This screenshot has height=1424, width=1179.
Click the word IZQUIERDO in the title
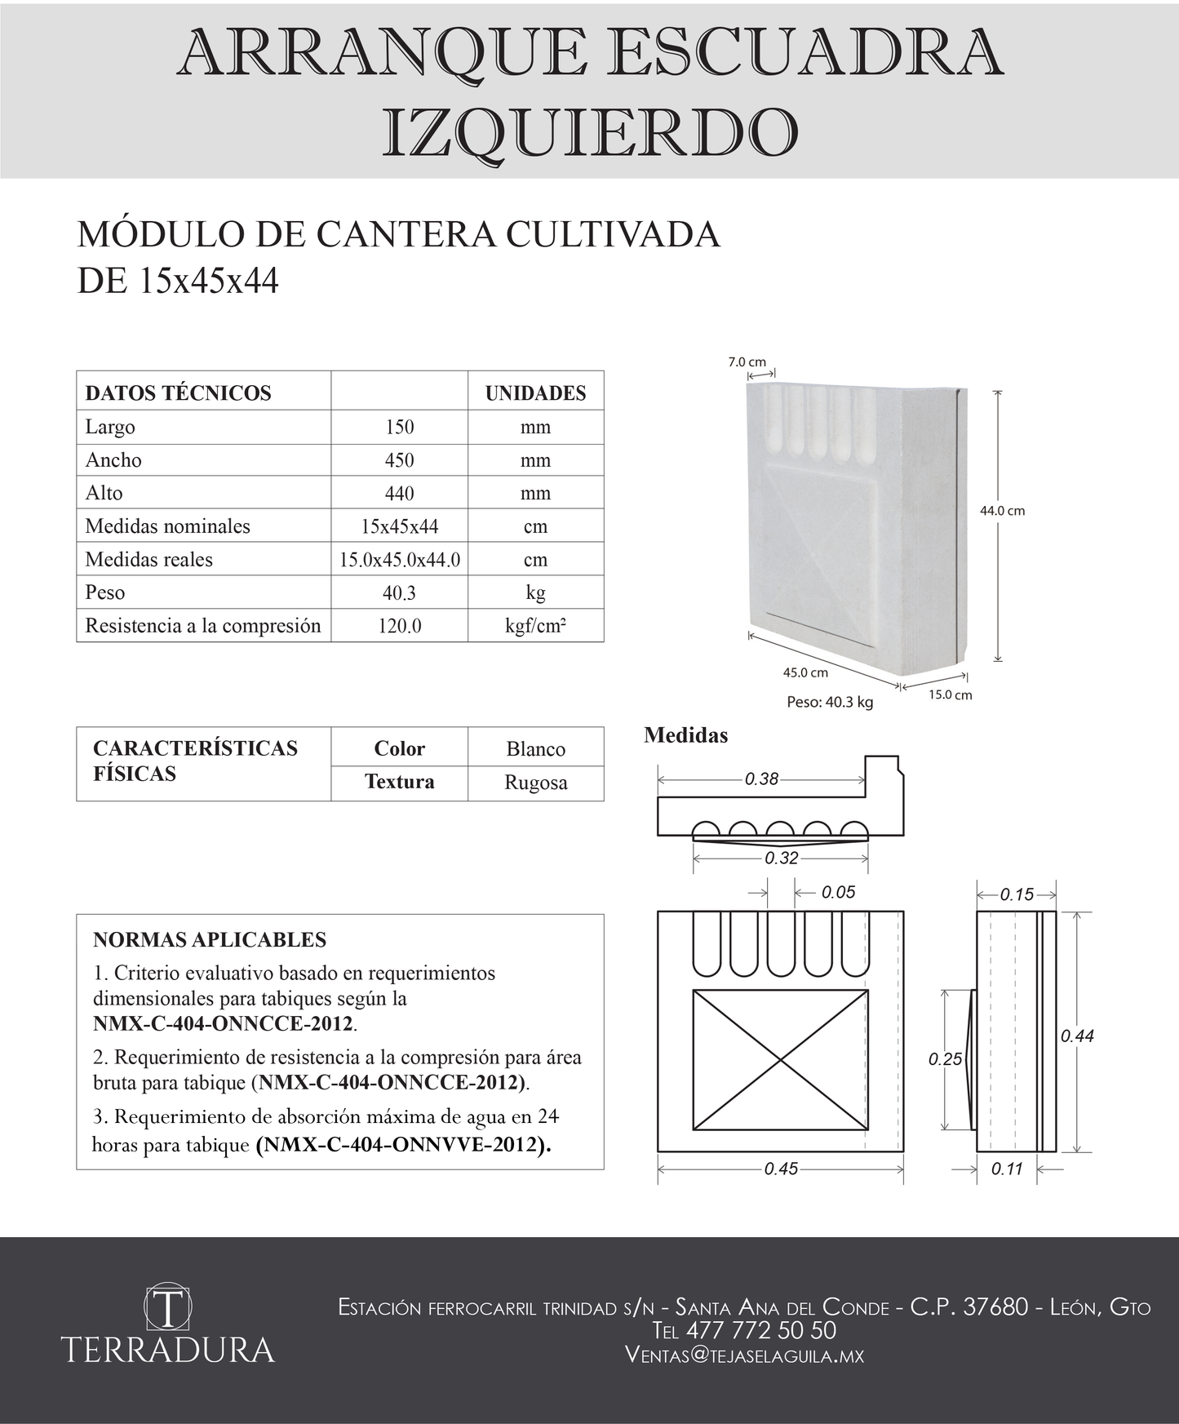coord(590,133)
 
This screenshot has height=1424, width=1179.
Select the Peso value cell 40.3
coord(399,593)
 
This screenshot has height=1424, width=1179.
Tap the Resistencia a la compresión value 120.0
coord(399,627)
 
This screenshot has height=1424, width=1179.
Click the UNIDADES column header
coord(535,393)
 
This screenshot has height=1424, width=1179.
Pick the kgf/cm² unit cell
coord(535,627)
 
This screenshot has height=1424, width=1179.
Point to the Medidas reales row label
coord(148,560)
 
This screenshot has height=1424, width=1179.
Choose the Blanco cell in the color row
coord(535,749)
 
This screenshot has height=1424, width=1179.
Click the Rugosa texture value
coord(535,783)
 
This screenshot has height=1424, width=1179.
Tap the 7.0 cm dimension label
coord(747,362)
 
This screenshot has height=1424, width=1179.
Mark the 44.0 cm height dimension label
coord(1002,511)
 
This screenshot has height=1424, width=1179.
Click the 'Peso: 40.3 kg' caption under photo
coord(829,702)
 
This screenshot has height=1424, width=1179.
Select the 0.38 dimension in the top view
coord(761,779)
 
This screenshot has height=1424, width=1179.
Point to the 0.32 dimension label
coord(781,858)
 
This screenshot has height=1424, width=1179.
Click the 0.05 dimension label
coord(838,892)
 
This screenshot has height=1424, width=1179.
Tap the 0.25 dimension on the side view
coord(945,1059)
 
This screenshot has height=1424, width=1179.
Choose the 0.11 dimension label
coord(1007,1169)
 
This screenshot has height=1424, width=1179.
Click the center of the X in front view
coord(781,1061)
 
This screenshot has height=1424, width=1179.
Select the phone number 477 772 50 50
coord(760,1330)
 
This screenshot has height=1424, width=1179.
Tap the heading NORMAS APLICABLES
coord(210,940)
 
